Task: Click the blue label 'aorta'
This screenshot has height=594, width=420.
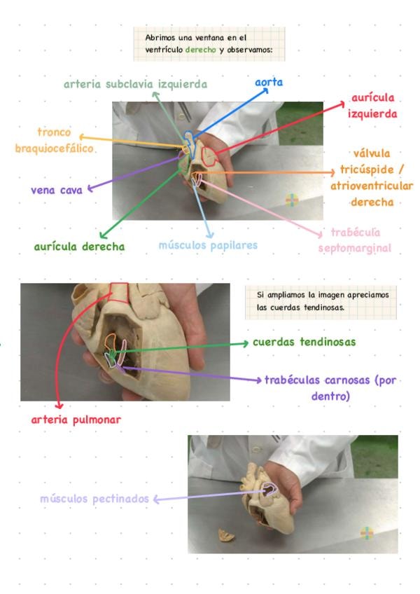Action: point(269,83)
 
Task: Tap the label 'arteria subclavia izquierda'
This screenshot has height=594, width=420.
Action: point(135,84)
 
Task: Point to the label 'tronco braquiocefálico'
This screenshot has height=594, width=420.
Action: point(55,140)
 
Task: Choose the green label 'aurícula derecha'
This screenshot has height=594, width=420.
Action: point(79,247)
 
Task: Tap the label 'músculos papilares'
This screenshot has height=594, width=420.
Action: point(208,245)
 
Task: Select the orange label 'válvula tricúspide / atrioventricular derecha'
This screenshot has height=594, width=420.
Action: point(372,177)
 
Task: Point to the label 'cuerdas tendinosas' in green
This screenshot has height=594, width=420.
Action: point(304,343)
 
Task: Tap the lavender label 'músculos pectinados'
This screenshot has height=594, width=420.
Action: point(94,499)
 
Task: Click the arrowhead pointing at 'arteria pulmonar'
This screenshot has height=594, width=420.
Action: point(59,405)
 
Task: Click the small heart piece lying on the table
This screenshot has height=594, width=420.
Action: point(225,536)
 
